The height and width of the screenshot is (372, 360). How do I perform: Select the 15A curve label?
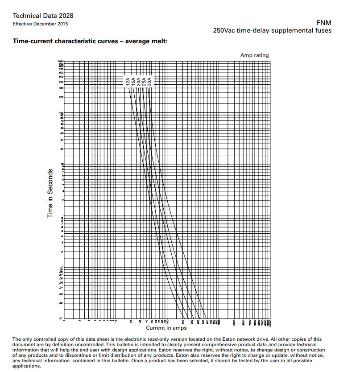[x=133, y=81]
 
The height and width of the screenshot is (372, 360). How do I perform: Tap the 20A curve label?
[x=139, y=81]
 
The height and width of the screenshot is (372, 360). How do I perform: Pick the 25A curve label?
[x=144, y=81]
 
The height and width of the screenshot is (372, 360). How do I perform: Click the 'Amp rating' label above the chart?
[x=254, y=55]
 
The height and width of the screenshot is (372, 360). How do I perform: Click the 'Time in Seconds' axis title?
[x=50, y=193]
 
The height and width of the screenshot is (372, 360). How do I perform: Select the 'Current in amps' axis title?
[x=166, y=328]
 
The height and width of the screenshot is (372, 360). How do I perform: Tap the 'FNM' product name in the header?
[x=323, y=23]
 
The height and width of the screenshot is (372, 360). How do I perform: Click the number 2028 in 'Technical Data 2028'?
[x=66, y=16]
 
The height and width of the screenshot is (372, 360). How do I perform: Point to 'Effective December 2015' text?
[x=41, y=24]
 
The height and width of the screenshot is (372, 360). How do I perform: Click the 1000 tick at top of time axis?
[x=61, y=61]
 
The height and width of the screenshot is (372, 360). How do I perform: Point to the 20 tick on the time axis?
[x=62, y=149]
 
